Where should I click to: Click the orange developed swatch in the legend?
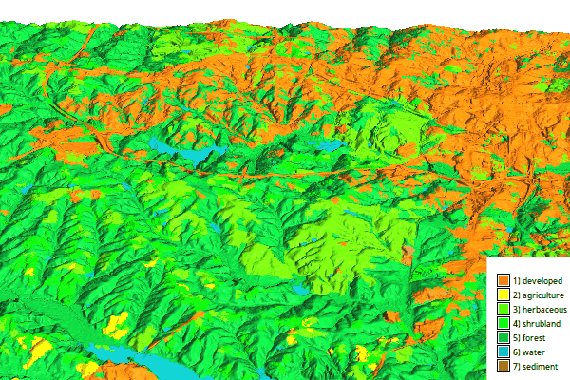point(503,281)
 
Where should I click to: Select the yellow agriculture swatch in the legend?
point(503,295)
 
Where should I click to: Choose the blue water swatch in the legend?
point(503,352)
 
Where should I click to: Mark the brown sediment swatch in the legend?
point(503,367)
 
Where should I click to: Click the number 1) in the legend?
point(517,281)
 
